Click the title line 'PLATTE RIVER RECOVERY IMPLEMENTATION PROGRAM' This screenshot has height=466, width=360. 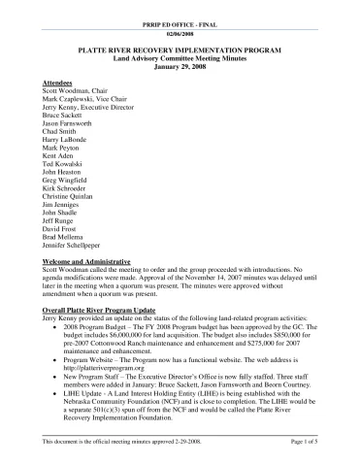pos(180,52)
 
